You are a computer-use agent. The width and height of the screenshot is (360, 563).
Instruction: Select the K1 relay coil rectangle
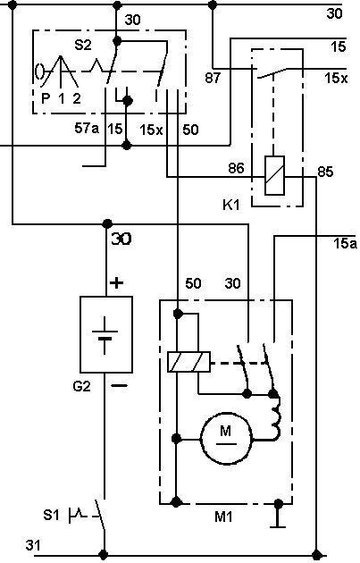click(x=274, y=175)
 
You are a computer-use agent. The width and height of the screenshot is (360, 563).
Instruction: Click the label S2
click(x=83, y=46)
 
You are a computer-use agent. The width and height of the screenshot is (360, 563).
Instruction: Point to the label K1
click(x=230, y=205)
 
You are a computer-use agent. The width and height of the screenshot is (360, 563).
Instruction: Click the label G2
click(x=81, y=386)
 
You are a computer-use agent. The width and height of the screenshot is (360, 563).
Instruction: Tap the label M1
click(x=223, y=517)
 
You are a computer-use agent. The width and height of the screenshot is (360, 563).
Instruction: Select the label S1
click(x=51, y=515)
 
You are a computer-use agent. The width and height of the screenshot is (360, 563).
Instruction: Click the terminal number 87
click(x=213, y=77)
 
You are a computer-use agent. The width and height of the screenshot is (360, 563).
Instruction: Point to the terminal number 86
click(x=236, y=168)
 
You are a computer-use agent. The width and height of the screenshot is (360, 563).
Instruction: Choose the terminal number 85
click(x=325, y=172)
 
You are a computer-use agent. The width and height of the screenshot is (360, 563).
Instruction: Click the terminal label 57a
click(x=87, y=128)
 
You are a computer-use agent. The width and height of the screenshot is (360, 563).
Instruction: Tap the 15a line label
click(x=345, y=243)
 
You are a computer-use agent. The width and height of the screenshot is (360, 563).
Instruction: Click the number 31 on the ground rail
click(x=33, y=545)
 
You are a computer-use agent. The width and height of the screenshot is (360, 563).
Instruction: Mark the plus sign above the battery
click(x=116, y=283)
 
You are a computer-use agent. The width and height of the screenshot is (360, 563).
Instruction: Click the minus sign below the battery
click(x=119, y=386)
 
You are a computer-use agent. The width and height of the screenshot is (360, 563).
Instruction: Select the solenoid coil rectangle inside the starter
click(x=188, y=362)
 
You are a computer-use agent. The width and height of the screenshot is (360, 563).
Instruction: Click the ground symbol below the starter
click(x=278, y=516)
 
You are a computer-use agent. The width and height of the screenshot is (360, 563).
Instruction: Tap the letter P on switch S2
click(x=46, y=98)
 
